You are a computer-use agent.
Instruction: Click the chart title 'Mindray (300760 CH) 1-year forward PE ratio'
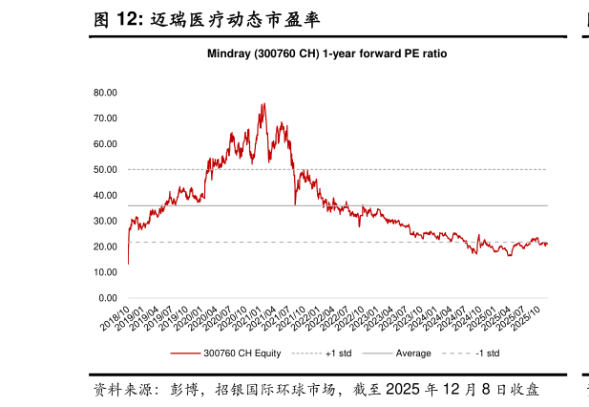[327, 54]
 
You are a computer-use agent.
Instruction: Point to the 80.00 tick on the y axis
[105, 93]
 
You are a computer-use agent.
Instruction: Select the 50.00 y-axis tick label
[105, 169]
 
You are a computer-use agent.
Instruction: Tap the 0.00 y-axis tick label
[108, 298]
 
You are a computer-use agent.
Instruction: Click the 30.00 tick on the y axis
[105, 221]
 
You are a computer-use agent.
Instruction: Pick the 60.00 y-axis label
[105, 143]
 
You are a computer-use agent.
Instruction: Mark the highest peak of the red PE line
[263, 104]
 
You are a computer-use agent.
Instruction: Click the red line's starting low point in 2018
[128, 263]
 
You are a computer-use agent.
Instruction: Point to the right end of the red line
[547, 244]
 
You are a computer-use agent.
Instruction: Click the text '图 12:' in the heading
[118, 18]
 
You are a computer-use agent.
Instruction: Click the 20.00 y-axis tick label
[105, 246]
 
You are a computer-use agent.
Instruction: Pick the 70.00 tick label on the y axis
[105, 118]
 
